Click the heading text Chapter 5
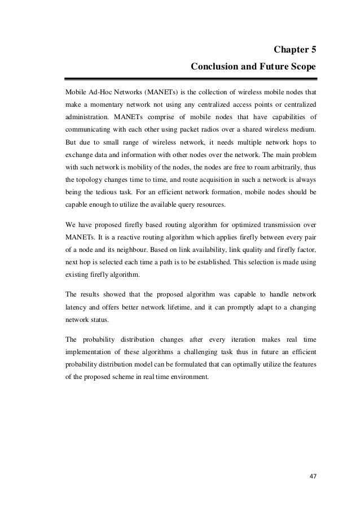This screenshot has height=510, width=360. (x=295, y=50)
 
